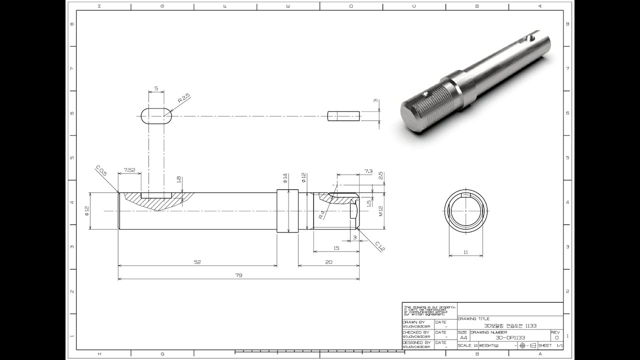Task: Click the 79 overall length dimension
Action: pyautogui.click(x=239, y=275)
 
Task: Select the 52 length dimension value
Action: pyautogui.click(x=197, y=262)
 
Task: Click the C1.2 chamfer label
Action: pyautogui.click(x=380, y=245)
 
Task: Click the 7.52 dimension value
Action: pyautogui.click(x=129, y=170)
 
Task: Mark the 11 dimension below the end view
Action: pyautogui.click(x=465, y=252)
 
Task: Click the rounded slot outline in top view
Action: pyautogui.click(x=156, y=116)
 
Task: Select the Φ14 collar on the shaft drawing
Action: pyautogui.click(x=287, y=210)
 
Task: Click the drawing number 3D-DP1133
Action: pyautogui.click(x=510, y=337)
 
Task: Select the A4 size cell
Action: pyautogui.click(x=463, y=337)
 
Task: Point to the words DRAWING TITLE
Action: pyautogui.click(x=473, y=318)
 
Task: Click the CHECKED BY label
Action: pyautogui.click(x=416, y=332)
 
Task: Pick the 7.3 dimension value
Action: pyautogui.click(x=368, y=171)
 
